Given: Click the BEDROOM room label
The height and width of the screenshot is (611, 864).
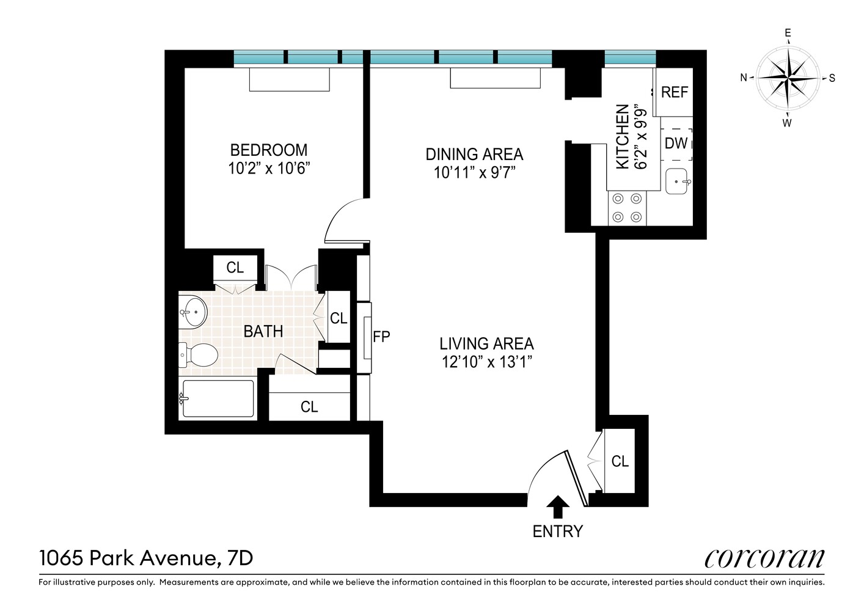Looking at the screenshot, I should pos(268,150).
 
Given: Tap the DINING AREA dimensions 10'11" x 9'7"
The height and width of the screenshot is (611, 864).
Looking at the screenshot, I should pos(475,173).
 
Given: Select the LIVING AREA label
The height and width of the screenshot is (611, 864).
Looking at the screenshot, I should pos(486,343).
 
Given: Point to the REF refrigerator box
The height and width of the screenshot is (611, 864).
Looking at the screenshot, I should pos(674,92).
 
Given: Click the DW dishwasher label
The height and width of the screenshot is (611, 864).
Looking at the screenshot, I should pos(676,144).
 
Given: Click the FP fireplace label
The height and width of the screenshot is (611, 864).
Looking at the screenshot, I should pos(381,336).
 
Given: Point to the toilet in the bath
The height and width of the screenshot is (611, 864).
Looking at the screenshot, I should pos(199,355).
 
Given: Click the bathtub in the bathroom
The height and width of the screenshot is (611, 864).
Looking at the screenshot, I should pos(218,399).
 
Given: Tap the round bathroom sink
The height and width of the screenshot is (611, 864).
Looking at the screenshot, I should pos(194,312).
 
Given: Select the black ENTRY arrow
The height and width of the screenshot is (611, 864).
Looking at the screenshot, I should pos(557,507).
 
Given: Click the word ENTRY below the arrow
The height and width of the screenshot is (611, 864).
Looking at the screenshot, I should pos(557,532).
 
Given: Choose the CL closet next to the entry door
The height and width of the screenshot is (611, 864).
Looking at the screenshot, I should pos(620,461).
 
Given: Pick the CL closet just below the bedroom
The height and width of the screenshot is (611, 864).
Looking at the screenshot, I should pos(235,268).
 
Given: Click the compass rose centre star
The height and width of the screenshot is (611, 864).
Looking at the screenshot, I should pos(788,78).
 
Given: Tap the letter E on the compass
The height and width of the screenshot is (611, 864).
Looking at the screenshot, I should pos(788,34).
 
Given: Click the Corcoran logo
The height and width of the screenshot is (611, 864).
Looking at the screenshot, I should pos(764,558).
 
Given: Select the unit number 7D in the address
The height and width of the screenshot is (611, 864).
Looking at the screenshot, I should pos(240,558).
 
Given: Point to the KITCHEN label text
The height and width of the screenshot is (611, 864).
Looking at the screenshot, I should pos(623,136).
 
